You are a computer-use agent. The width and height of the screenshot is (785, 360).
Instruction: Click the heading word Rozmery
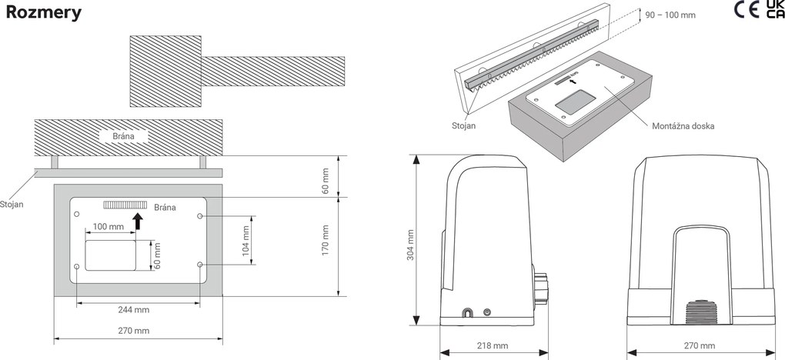(44, 14)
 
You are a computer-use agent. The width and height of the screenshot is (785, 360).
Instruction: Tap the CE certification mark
(747, 12)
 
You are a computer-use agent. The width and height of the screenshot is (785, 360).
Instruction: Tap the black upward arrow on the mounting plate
(138, 222)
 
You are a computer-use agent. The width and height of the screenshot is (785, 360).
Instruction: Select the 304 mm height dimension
(410, 243)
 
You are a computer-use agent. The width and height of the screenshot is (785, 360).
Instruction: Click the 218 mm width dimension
(493, 345)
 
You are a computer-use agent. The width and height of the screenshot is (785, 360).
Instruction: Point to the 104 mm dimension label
(247, 240)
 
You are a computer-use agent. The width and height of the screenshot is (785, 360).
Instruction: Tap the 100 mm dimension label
(109, 227)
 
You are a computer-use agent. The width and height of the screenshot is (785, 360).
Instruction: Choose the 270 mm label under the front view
(699, 345)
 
